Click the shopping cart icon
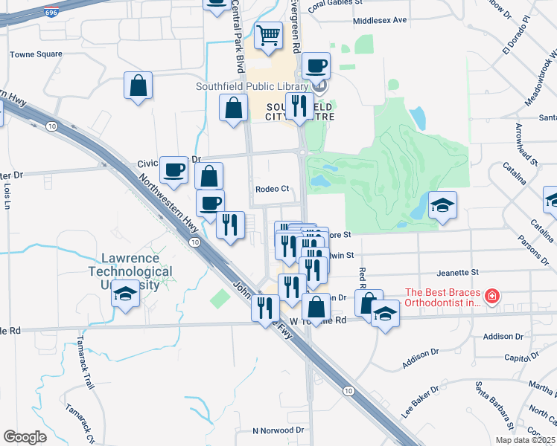point(268,34)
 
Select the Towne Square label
point(36,54)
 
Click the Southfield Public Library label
point(252,86)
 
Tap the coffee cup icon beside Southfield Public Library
point(316,66)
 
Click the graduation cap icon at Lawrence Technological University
point(125,295)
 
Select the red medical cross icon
point(491,297)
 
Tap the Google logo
point(25,436)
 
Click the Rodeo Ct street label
point(272,189)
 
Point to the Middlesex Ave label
point(381,21)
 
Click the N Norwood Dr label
point(278,430)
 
